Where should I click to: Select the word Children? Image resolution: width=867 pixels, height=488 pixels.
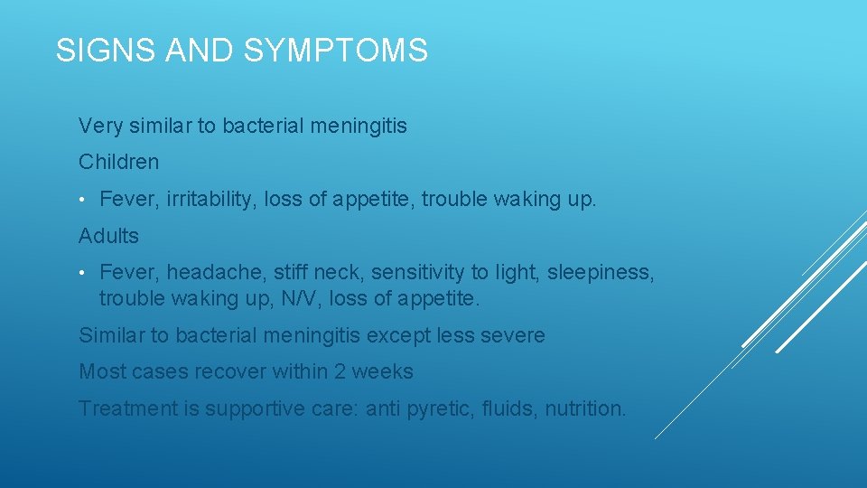(x=118, y=163)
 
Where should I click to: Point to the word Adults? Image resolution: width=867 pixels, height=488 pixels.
(x=108, y=237)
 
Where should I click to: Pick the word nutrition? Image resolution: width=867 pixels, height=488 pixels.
(x=585, y=409)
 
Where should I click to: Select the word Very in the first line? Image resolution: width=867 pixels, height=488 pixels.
(x=98, y=126)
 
